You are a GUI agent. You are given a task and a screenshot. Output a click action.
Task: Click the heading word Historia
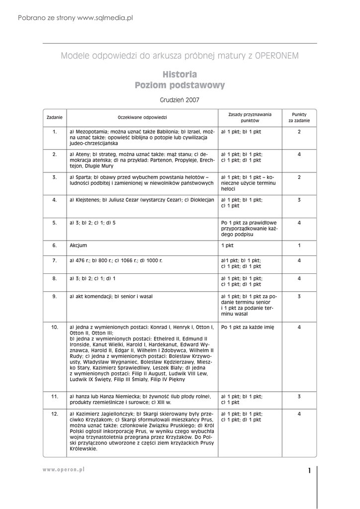[180, 75]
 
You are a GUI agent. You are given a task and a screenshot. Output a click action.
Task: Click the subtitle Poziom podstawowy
[180, 85]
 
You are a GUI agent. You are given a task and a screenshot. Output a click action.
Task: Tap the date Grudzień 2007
[180, 100]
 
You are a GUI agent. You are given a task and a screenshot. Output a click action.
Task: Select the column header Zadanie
[55, 117]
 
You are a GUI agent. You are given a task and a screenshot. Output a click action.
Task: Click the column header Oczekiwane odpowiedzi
[142, 117]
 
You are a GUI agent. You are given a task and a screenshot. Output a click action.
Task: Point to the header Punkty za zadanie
[299, 117]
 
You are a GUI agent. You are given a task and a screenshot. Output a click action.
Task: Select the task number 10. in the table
[55, 327]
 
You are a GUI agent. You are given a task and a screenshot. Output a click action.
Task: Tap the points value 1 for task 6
[299, 246]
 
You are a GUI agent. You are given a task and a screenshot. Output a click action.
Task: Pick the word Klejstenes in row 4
[88, 200]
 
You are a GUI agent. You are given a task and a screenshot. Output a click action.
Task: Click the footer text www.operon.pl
[64, 470]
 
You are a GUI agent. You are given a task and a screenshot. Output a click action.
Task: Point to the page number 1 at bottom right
[309, 471]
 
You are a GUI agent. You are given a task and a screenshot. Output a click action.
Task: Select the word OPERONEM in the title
[277, 56]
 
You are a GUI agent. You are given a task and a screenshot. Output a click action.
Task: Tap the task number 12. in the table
[55, 414]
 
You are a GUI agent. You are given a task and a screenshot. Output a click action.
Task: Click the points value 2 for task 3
[299, 177]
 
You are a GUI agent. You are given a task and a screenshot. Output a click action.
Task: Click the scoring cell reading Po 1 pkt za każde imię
[248, 327]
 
